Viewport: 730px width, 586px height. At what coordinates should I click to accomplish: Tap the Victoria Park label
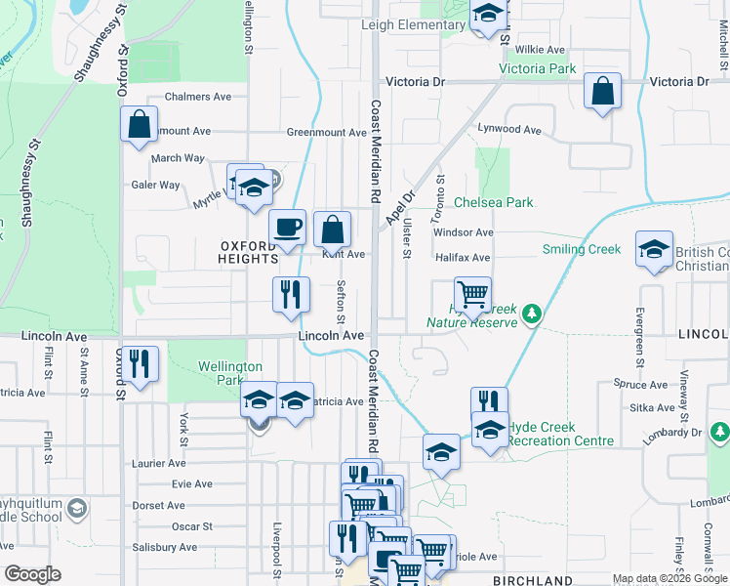tap(537, 69)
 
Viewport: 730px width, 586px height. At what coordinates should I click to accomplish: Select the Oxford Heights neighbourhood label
tap(249, 252)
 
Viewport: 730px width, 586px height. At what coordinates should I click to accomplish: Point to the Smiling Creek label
tap(582, 249)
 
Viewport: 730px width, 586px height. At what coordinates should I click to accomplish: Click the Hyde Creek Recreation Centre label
tap(561, 435)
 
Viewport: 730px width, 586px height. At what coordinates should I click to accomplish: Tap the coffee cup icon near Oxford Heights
tap(287, 228)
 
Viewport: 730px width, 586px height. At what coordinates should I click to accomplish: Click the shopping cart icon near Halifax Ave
tap(472, 293)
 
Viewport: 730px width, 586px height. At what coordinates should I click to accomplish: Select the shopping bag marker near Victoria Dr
tap(603, 92)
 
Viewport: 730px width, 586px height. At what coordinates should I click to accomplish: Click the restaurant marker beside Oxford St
tap(141, 363)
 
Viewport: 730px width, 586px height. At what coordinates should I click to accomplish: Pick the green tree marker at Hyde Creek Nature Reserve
tap(532, 314)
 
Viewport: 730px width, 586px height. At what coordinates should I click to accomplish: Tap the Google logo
tap(32, 574)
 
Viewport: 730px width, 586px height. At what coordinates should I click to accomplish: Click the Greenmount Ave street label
tap(326, 132)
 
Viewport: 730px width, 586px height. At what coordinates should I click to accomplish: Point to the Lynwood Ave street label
tap(508, 129)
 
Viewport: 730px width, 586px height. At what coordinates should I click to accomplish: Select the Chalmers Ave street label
tap(197, 97)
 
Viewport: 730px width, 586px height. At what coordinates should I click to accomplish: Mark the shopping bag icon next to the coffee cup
tap(332, 230)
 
